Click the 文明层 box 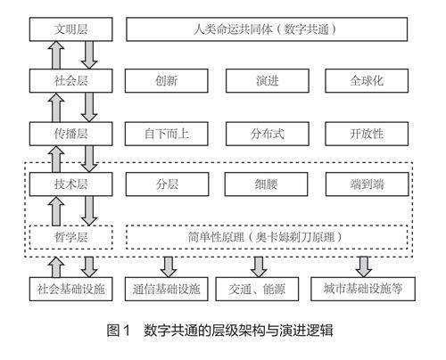70,29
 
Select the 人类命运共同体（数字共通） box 267,29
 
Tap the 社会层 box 70,81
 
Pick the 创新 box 166,81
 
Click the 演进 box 268,81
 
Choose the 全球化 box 367,81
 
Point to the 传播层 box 70,134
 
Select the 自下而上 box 166,134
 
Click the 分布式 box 268,134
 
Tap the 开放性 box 367,134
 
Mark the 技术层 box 70,184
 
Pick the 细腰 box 266,184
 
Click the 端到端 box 368,184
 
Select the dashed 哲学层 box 70,237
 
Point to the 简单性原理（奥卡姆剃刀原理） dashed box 267,237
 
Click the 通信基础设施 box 166,289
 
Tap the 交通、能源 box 257,289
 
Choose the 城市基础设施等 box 363,289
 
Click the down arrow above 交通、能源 259,267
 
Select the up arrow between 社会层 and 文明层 56,55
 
